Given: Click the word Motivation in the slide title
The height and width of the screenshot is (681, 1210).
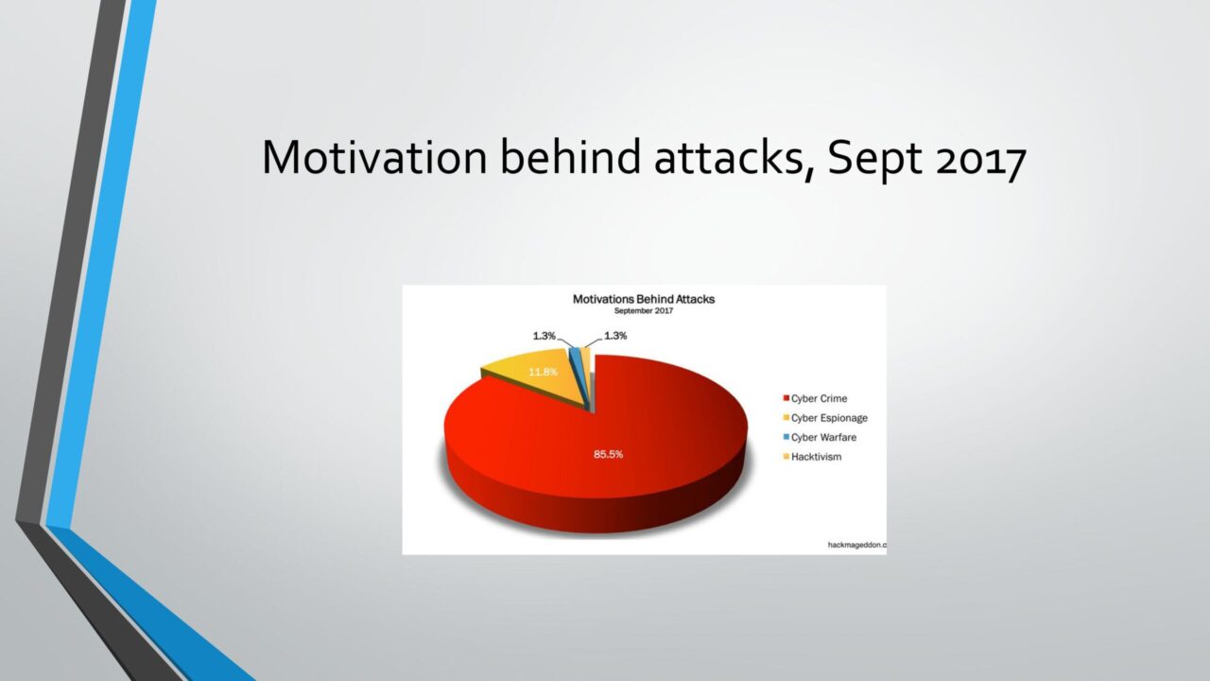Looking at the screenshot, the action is tap(374, 157).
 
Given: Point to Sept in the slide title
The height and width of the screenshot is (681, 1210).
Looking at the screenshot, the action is tap(874, 160).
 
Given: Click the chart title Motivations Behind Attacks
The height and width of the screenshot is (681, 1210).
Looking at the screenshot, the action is tap(644, 299).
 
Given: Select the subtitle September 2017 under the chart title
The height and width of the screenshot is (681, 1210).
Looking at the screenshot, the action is tap(644, 311).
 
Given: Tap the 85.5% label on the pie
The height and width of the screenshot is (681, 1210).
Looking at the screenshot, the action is tap(608, 454).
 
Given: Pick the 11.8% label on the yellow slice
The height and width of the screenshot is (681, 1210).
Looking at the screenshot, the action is tap(543, 372).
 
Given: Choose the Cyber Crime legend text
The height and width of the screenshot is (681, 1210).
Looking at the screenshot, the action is tap(819, 398).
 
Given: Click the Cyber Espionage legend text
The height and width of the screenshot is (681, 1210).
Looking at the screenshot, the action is tap(829, 418).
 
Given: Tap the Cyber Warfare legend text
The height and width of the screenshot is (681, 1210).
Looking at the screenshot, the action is tap(823, 437).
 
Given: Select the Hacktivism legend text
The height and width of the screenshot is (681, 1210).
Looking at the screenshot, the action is tap(816, 457).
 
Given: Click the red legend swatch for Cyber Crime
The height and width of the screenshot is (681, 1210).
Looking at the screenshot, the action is tap(786, 398).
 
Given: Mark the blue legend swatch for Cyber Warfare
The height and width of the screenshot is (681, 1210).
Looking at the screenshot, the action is tap(786, 437).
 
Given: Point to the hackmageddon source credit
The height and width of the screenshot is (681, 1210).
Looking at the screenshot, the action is tap(857, 546).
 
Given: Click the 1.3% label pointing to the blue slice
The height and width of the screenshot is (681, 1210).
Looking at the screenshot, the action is tap(544, 336).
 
